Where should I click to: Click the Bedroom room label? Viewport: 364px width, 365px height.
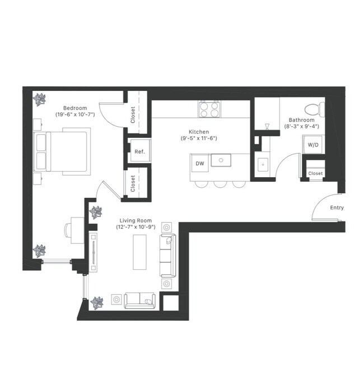74,108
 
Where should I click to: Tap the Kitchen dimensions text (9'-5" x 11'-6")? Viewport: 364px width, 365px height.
198,138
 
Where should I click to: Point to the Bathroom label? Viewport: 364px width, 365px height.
301,120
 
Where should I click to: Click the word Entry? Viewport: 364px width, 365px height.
337,208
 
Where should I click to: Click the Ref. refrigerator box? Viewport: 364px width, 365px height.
139,152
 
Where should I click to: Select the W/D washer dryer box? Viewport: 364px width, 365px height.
312,144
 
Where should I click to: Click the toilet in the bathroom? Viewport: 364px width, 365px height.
312,108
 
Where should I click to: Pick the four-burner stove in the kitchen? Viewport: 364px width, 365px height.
209,109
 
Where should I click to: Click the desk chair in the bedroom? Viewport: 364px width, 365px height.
70,229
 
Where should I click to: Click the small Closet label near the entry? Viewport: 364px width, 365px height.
315,174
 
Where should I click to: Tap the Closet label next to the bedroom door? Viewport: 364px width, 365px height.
133,115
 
